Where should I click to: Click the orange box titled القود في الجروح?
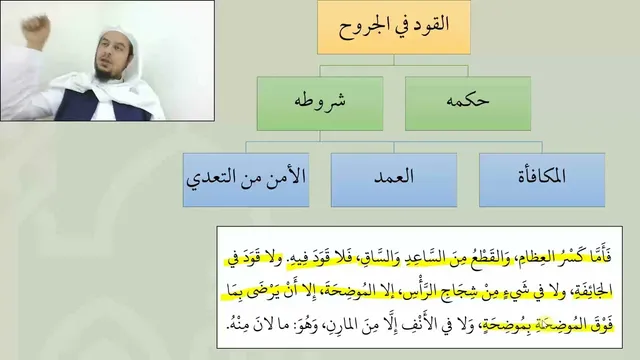[394, 27]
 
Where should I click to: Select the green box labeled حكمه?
[468, 104]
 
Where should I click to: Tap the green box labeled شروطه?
[320, 104]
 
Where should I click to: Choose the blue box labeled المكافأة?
[542, 180]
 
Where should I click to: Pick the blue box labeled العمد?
[394, 180]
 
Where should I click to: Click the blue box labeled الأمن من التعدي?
[246, 180]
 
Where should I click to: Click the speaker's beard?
[105, 73]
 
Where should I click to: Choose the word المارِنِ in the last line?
[342, 325]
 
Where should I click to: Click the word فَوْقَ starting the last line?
[602, 325]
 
